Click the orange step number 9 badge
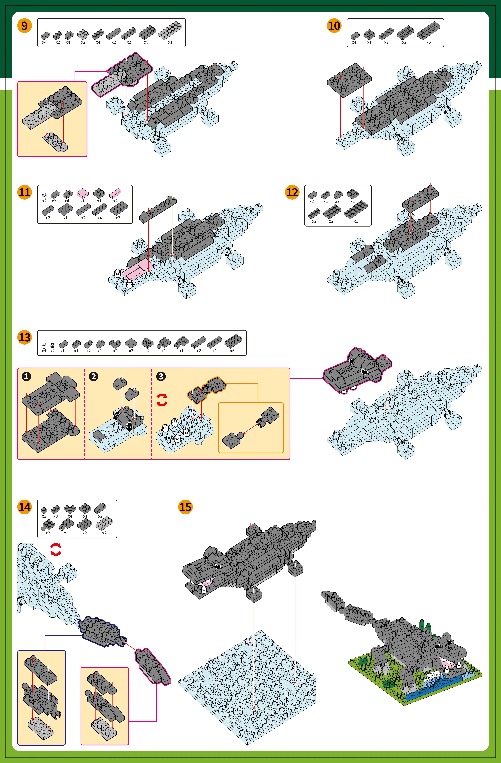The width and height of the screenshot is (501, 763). [x=24, y=26]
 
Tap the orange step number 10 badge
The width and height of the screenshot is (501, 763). [x=334, y=26]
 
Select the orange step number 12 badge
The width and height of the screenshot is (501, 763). [x=292, y=192]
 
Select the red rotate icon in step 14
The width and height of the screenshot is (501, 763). [x=56, y=550]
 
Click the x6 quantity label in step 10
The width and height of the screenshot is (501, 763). [x=428, y=42]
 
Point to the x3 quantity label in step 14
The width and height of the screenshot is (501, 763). [x=55, y=516]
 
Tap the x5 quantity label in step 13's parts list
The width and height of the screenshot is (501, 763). [x=232, y=351]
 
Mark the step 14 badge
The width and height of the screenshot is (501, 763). [x=24, y=507]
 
